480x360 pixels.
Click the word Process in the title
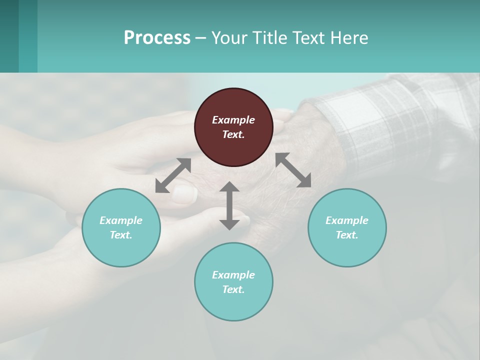(x=157, y=38)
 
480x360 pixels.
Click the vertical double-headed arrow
(x=229, y=205)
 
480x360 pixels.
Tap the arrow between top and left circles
(x=173, y=175)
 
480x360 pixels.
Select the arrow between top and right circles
(x=293, y=170)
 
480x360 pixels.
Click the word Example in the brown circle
(x=233, y=120)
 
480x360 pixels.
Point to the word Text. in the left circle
(x=121, y=235)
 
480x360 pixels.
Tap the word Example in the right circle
(x=347, y=220)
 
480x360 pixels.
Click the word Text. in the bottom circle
(x=233, y=289)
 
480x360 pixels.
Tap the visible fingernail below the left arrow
(x=184, y=195)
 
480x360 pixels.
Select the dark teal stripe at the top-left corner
(x=9, y=36)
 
